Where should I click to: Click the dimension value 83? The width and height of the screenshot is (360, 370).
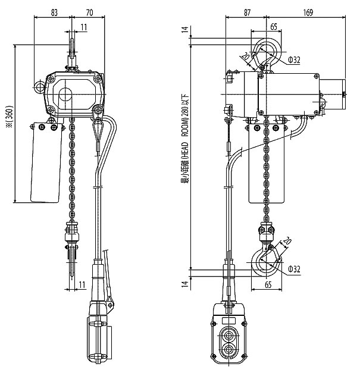54,12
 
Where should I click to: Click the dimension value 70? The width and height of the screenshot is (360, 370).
89,12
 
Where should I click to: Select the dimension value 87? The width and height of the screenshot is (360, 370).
247,12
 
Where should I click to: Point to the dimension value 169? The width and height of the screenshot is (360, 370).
308,12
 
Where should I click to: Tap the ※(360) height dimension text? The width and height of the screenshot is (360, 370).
10,117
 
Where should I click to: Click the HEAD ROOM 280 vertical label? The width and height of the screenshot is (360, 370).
184,139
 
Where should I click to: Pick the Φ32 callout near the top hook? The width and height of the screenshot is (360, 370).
294,60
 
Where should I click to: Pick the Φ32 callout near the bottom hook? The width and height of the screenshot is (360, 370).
295,269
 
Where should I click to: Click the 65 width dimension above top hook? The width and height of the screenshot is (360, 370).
274,27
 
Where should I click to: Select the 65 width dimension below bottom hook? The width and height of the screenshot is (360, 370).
268,285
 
